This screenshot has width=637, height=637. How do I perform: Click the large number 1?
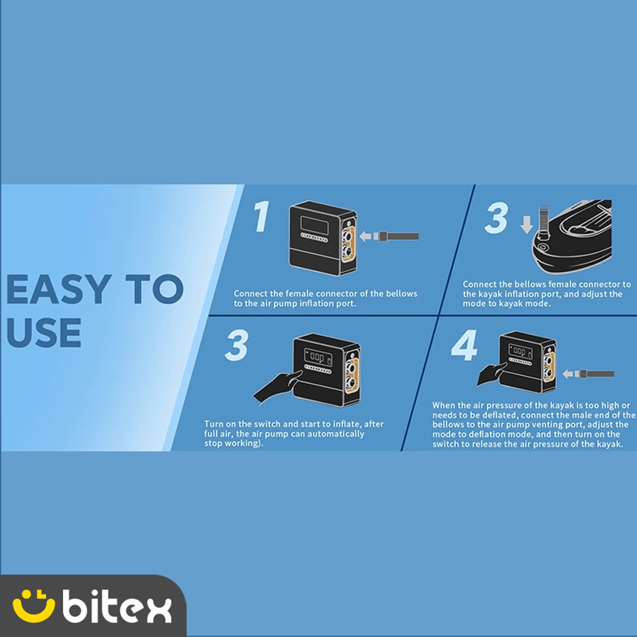pyautogui.click(x=261, y=217)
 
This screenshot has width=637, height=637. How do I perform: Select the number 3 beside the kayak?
pyautogui.click(x=496, y=218)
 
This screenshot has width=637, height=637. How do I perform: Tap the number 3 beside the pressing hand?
pyautogui.click(x=236, y=345)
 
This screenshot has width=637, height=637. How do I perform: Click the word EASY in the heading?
pyautogui.click(x=59, y=289)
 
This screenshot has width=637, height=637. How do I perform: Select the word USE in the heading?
pyautogui.click(x=44, y=333)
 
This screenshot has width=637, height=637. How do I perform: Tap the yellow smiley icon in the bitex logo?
pyautogui.click(x=33, y=606)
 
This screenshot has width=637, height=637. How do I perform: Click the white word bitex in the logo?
pyautogui.click(x=117, y=606)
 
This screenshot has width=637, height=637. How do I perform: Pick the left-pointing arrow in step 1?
pyautogui.click(x=366, y=236)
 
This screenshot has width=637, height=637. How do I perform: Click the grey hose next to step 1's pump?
pyautogui.click(x=398, y=236)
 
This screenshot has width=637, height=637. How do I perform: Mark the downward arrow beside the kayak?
pyautogui.click(x=527, y=225)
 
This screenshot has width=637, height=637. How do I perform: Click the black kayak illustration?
pyautogui.click(x=573, y=236)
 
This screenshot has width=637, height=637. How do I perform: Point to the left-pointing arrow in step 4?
pyautogui.click(x=568, y=374)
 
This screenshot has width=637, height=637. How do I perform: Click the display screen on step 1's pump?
pyautogui.click(x=315, y=224)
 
